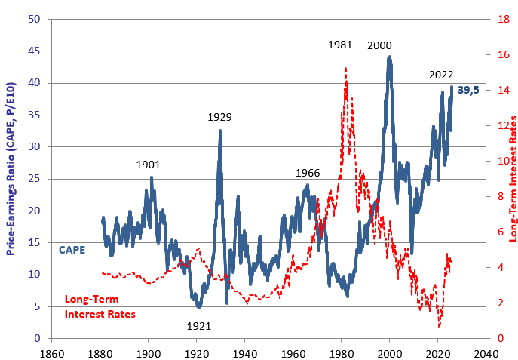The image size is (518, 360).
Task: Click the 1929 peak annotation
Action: click(x=219, y=117)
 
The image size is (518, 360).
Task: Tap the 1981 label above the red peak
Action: click(x=341, y=45)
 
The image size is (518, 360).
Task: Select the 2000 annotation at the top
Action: click(x=379, y=45)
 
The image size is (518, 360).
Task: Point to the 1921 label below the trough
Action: click(x=198, y=327)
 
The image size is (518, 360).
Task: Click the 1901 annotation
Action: click(x=148, y=164)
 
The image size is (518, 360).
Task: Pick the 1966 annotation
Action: click(x=308, y=173)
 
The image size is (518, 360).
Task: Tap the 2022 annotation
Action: click(x=441, y=75)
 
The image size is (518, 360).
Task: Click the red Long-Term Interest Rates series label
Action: click(x=100, y=306)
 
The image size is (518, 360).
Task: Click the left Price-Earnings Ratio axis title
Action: click(x=11, y=179)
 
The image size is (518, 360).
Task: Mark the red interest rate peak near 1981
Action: click(x=345, y=68)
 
